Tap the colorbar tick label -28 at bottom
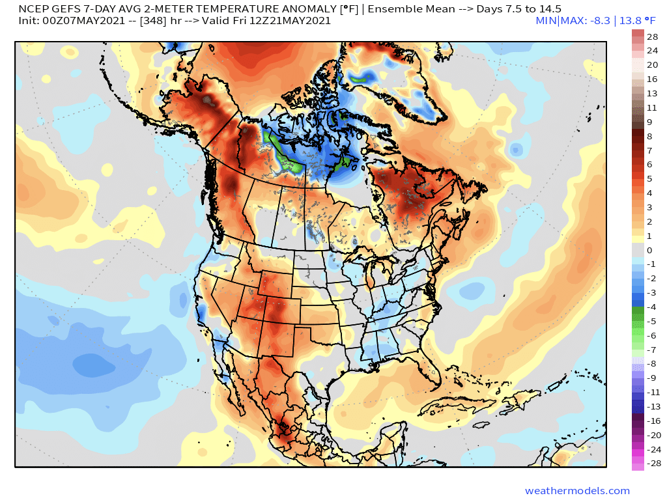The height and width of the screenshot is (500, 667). click(652, 464)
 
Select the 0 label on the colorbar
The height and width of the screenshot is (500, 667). click(649, 250)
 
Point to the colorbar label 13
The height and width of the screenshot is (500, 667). click(652, 93)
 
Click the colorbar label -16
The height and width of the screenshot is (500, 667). click(652, 421)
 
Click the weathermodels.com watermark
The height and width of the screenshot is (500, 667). click(577, 491)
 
